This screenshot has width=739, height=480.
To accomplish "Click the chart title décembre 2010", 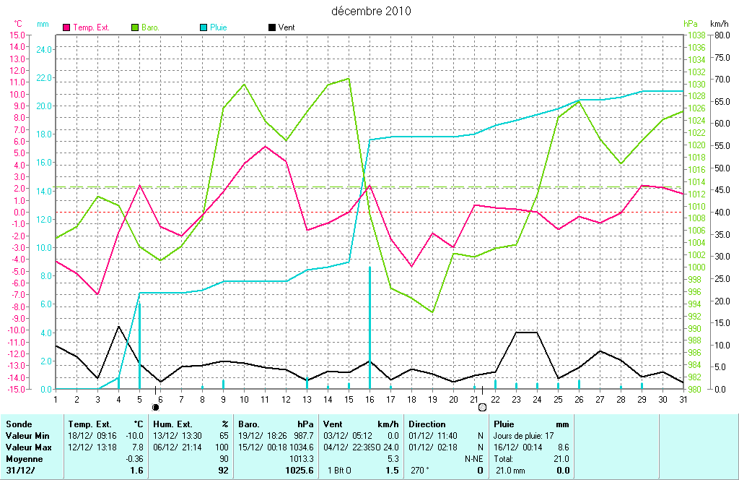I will (x=371, y=11).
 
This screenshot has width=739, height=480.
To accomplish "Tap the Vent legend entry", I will (x=286, y=27).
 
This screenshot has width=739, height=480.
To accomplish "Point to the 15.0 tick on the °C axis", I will (x=17, y=35).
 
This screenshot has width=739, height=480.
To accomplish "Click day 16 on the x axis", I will (x=369, y=398).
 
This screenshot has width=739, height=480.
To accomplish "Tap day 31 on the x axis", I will (x=683, y=398).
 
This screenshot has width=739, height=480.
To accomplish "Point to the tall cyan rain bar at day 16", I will (x=369, y=325).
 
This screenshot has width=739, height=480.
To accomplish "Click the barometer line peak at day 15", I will (x=349, y=79).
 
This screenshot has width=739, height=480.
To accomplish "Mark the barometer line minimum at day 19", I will (x=432, y=312).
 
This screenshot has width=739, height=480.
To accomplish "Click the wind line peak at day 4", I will (x=118, y=326).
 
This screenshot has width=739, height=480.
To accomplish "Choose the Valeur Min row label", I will (x=26, y=436).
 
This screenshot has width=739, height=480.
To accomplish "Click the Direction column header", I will (x=427, y=424).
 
